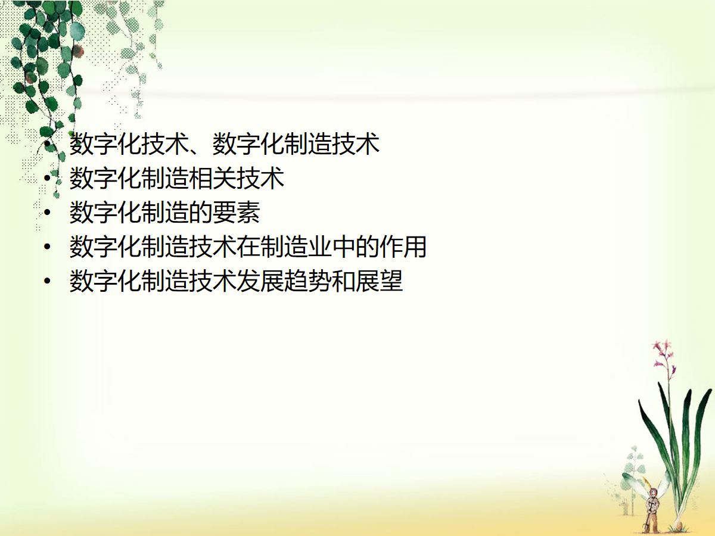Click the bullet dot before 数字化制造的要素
[x=48, y=213]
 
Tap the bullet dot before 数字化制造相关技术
[x=48, y=178]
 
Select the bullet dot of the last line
[x=48, y=281]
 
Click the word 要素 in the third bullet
[x=236, y=213]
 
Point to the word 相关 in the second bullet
[x=212, y=178]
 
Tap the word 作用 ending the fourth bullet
[x=403, y=247]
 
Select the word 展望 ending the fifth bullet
[x=379, y=281]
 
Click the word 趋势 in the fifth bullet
[x=308, y=281]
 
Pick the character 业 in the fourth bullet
[x=320, y=247]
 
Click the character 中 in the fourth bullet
[x=344, y=247]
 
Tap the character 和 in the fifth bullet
[x=344, y=281]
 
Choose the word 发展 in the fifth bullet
[x=260, y=281]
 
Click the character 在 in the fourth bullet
[x=248, y=247]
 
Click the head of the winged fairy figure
[x=652, y=493]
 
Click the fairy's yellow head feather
[x=644, y=482]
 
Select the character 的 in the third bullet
[x=201, y=213]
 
